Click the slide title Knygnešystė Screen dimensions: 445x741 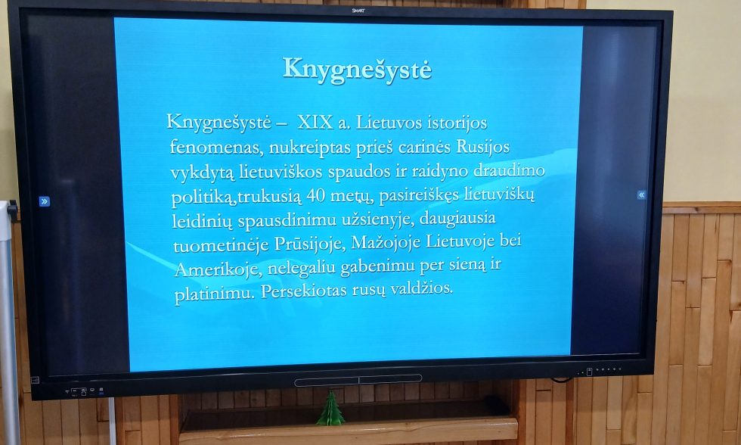[357, 68]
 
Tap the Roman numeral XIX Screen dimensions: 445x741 [315, 122]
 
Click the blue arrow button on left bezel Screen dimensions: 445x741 [45, 201]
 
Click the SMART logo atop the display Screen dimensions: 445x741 [358, 11]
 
